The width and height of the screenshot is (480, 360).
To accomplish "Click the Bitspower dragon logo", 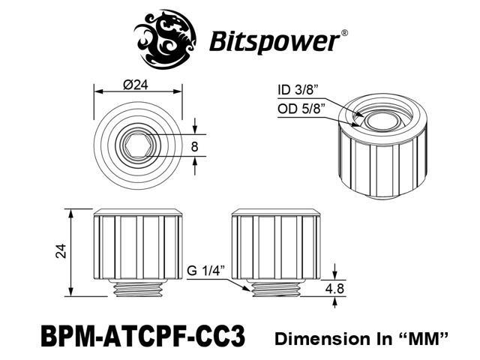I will (x=165, y=37).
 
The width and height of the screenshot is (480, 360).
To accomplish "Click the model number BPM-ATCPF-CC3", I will (x=153, y=334).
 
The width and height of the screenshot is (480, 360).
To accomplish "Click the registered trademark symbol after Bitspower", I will (x=343, y=32).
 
